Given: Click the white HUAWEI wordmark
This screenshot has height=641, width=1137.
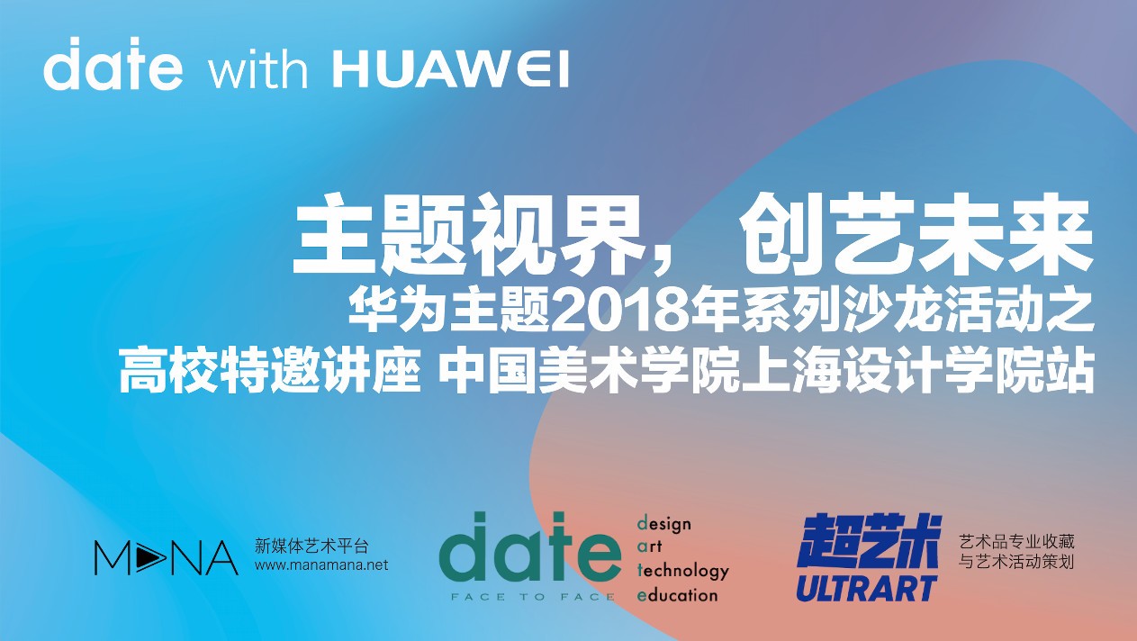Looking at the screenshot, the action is point(451,69).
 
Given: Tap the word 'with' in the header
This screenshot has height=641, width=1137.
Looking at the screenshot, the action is point(258,69).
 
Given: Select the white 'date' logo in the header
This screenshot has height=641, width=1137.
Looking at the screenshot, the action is point(113,64).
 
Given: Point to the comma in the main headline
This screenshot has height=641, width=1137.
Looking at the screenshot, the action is point(666,261).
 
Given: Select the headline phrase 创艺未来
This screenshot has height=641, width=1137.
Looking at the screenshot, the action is point(916,235).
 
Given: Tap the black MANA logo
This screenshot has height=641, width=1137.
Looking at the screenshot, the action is point(167,557).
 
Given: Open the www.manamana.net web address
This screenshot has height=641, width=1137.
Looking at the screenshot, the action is point(321,564).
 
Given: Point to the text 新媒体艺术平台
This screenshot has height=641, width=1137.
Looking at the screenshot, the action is point(311,546).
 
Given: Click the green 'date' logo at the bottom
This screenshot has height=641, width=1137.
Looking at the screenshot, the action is point(530,546).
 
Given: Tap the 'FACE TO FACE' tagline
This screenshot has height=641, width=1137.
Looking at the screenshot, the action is point(533,597).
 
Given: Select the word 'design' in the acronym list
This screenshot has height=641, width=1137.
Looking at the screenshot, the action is point(664,524).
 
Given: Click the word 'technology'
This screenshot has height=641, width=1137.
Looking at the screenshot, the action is point(682,572).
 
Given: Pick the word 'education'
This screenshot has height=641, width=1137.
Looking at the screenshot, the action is point(677,595).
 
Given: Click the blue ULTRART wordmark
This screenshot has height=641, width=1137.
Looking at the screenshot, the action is point(866,588).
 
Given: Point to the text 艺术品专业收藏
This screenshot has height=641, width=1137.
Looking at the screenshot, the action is point(1016,542).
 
